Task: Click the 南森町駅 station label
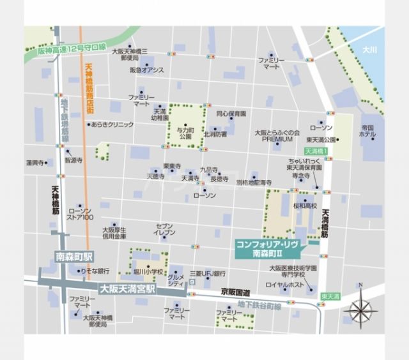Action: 73,257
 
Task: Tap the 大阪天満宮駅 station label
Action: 127,288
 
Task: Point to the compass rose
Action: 360,310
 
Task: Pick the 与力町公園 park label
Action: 185,133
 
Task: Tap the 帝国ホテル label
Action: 367,131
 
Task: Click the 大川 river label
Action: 369,49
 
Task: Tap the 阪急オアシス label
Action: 146,70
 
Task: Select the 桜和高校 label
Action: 305,206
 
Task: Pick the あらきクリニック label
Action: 112,124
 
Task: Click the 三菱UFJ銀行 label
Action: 208,273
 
